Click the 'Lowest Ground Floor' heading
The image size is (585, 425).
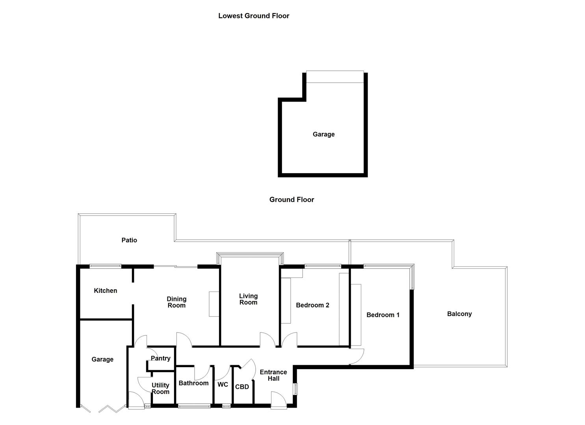pos(254,16)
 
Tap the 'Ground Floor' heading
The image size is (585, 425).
pos(292,200)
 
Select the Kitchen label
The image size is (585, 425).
pos(105,291)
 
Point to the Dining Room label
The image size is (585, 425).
pos(176,302)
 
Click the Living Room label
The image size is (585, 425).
pos(248,299)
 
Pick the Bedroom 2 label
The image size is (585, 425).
pos(312,305)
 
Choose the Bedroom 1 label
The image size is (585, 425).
pos(383,315)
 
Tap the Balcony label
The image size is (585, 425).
pos(459,314)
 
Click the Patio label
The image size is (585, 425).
pos(129,240)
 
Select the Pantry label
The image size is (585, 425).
pos(160,358)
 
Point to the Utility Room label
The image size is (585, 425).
pos(160,388)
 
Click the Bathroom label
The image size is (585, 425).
pos(193,383)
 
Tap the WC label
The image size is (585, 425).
pos(223,384)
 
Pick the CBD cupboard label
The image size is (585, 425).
pos(242,387)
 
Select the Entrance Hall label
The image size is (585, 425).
pos(273,375)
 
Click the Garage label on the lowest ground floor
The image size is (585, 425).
pos(323,134)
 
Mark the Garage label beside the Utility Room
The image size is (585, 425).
pos(102,359)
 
